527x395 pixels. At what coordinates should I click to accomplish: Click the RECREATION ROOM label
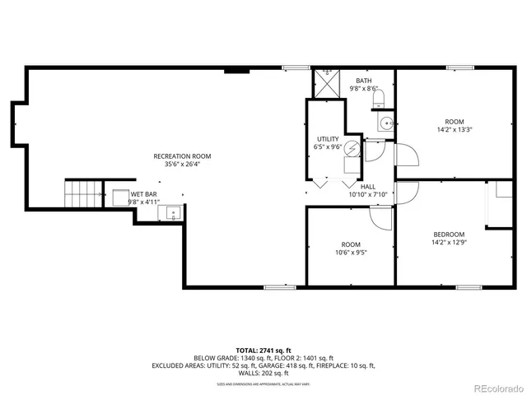182,156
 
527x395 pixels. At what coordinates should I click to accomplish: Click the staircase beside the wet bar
82,195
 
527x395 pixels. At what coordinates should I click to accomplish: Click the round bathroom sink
385,123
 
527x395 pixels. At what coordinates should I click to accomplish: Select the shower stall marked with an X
326,82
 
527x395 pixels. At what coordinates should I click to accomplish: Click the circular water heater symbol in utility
352,148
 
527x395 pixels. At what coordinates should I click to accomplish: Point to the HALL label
367,187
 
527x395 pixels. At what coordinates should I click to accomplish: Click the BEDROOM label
449,235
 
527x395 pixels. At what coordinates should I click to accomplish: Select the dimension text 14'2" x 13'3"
454,129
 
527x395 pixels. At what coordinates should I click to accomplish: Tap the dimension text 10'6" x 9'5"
351,253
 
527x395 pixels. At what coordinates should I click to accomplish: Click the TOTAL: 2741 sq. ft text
263,350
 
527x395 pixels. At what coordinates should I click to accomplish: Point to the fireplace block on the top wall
237,71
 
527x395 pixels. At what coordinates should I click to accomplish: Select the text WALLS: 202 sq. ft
263,374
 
